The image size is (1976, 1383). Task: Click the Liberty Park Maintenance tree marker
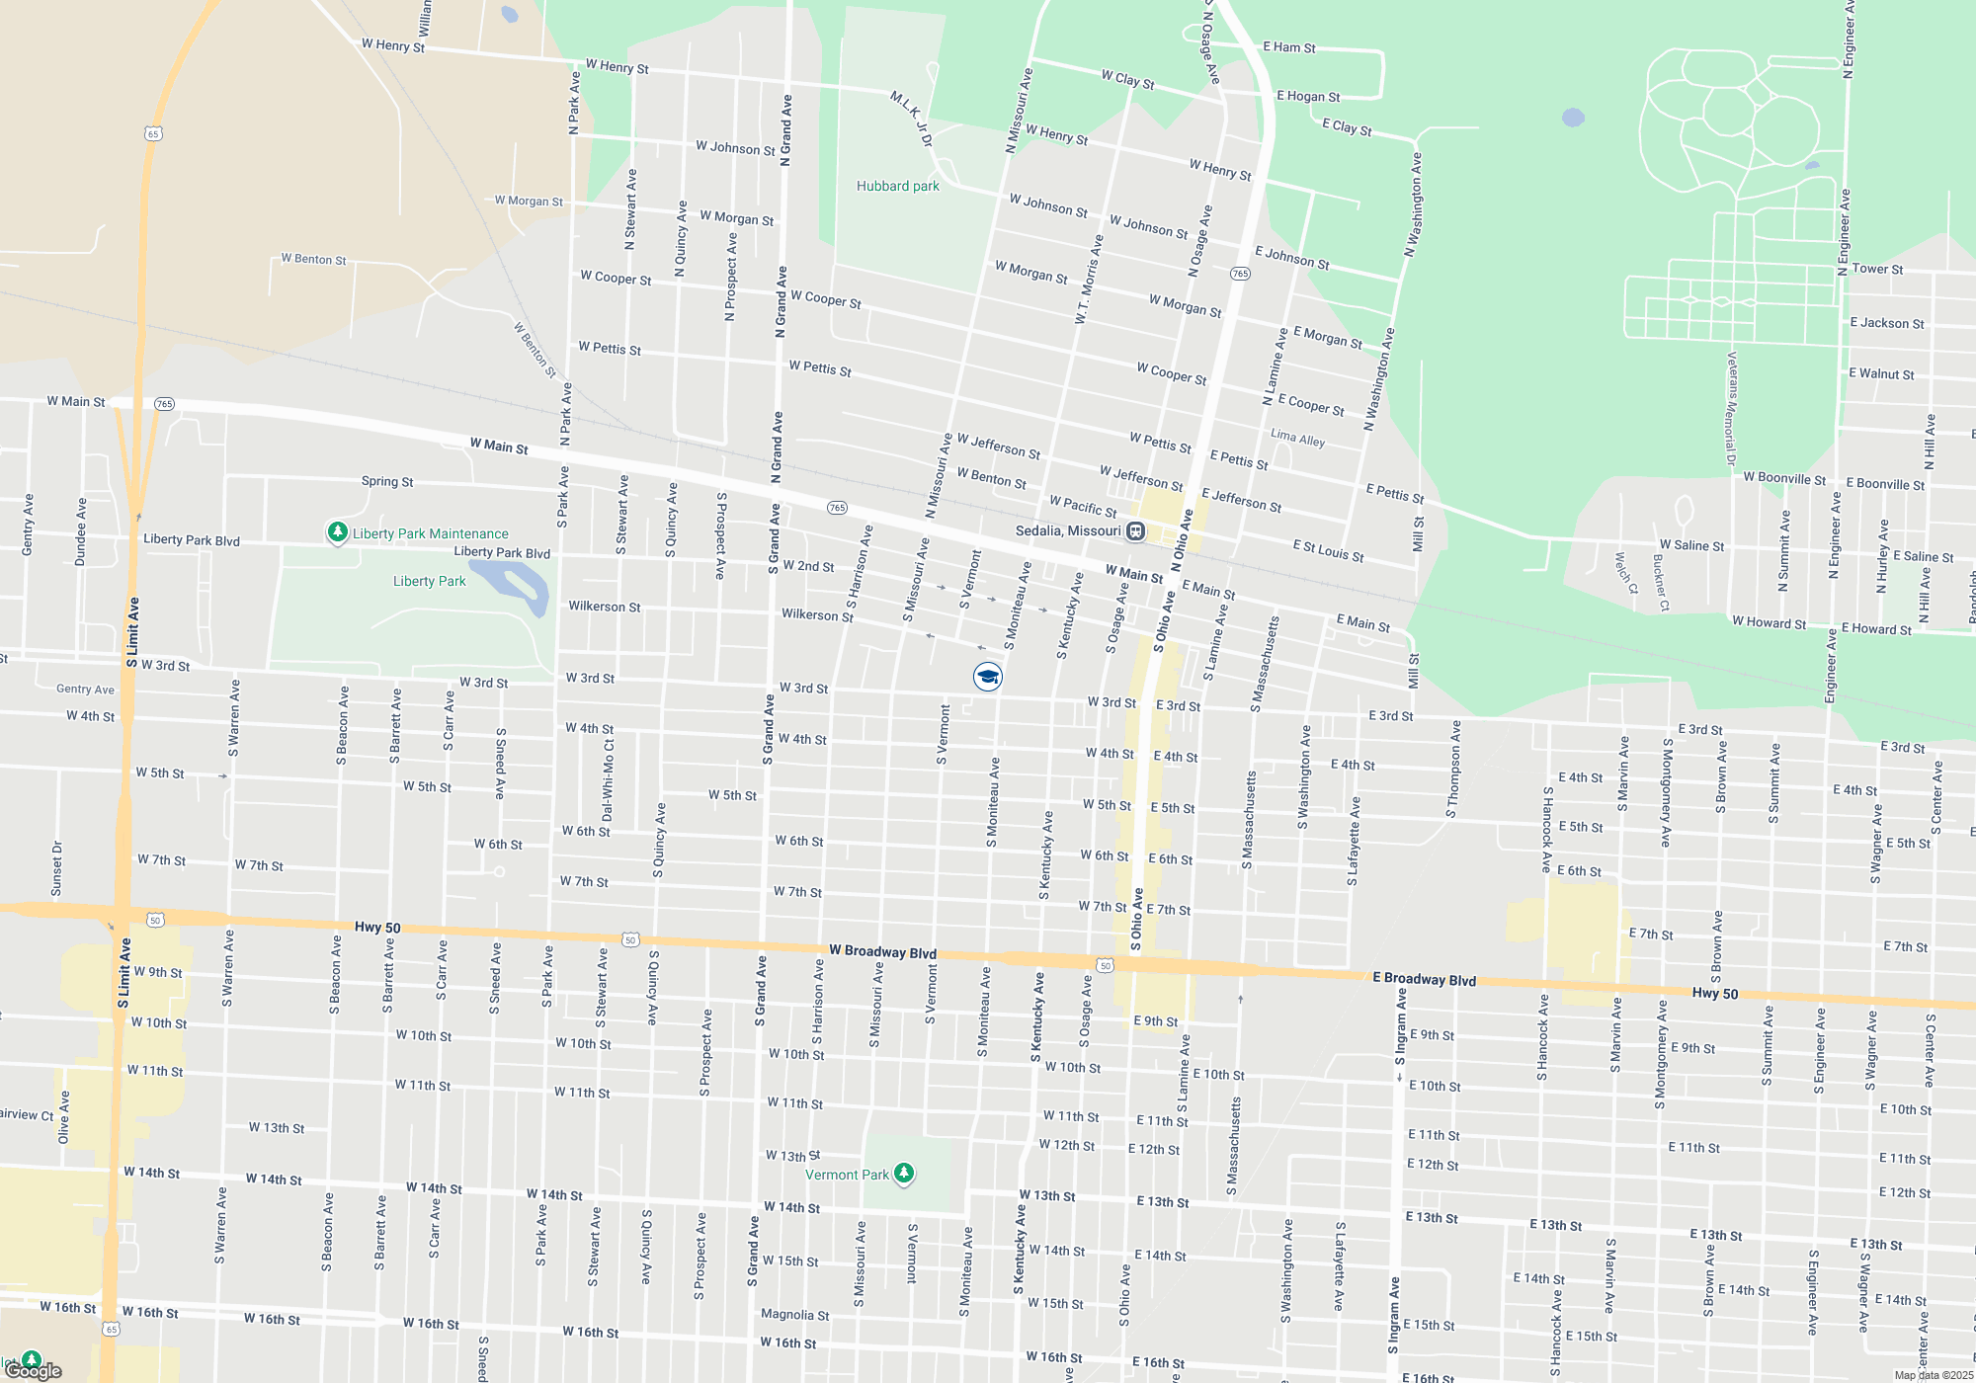(x=337, y=533)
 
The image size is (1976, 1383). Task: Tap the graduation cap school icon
(x=987, y=677)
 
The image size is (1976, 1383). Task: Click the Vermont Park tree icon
(x=903, y=1174)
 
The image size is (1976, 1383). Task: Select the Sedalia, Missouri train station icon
(x=1136, y=531)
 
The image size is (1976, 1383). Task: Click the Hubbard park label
(x=897, y=186)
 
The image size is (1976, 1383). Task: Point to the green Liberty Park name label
(x=429, y=581)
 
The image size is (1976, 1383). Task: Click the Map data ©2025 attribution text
(x=1933, y=1375)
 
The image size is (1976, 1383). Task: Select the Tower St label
(x=1877, y=269)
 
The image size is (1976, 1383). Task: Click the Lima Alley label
(x=1297, y=438)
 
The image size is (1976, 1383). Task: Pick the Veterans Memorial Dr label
(x=1731, y=408)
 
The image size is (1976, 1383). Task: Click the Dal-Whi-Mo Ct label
(x=608, y=780)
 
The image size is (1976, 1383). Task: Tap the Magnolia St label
(x=794, y=1315)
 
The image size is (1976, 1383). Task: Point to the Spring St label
(x=386, y=481)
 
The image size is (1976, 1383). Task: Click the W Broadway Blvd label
(x=882, y=951)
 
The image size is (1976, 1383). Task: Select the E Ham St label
(x=1288, y=46)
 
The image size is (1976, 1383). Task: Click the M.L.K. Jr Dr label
(x=911, y=119)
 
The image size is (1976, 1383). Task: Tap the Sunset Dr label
(x=56, y=868)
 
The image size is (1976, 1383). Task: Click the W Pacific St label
(x=1082, y=506)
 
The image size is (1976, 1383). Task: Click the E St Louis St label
(x=1328, y=551)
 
